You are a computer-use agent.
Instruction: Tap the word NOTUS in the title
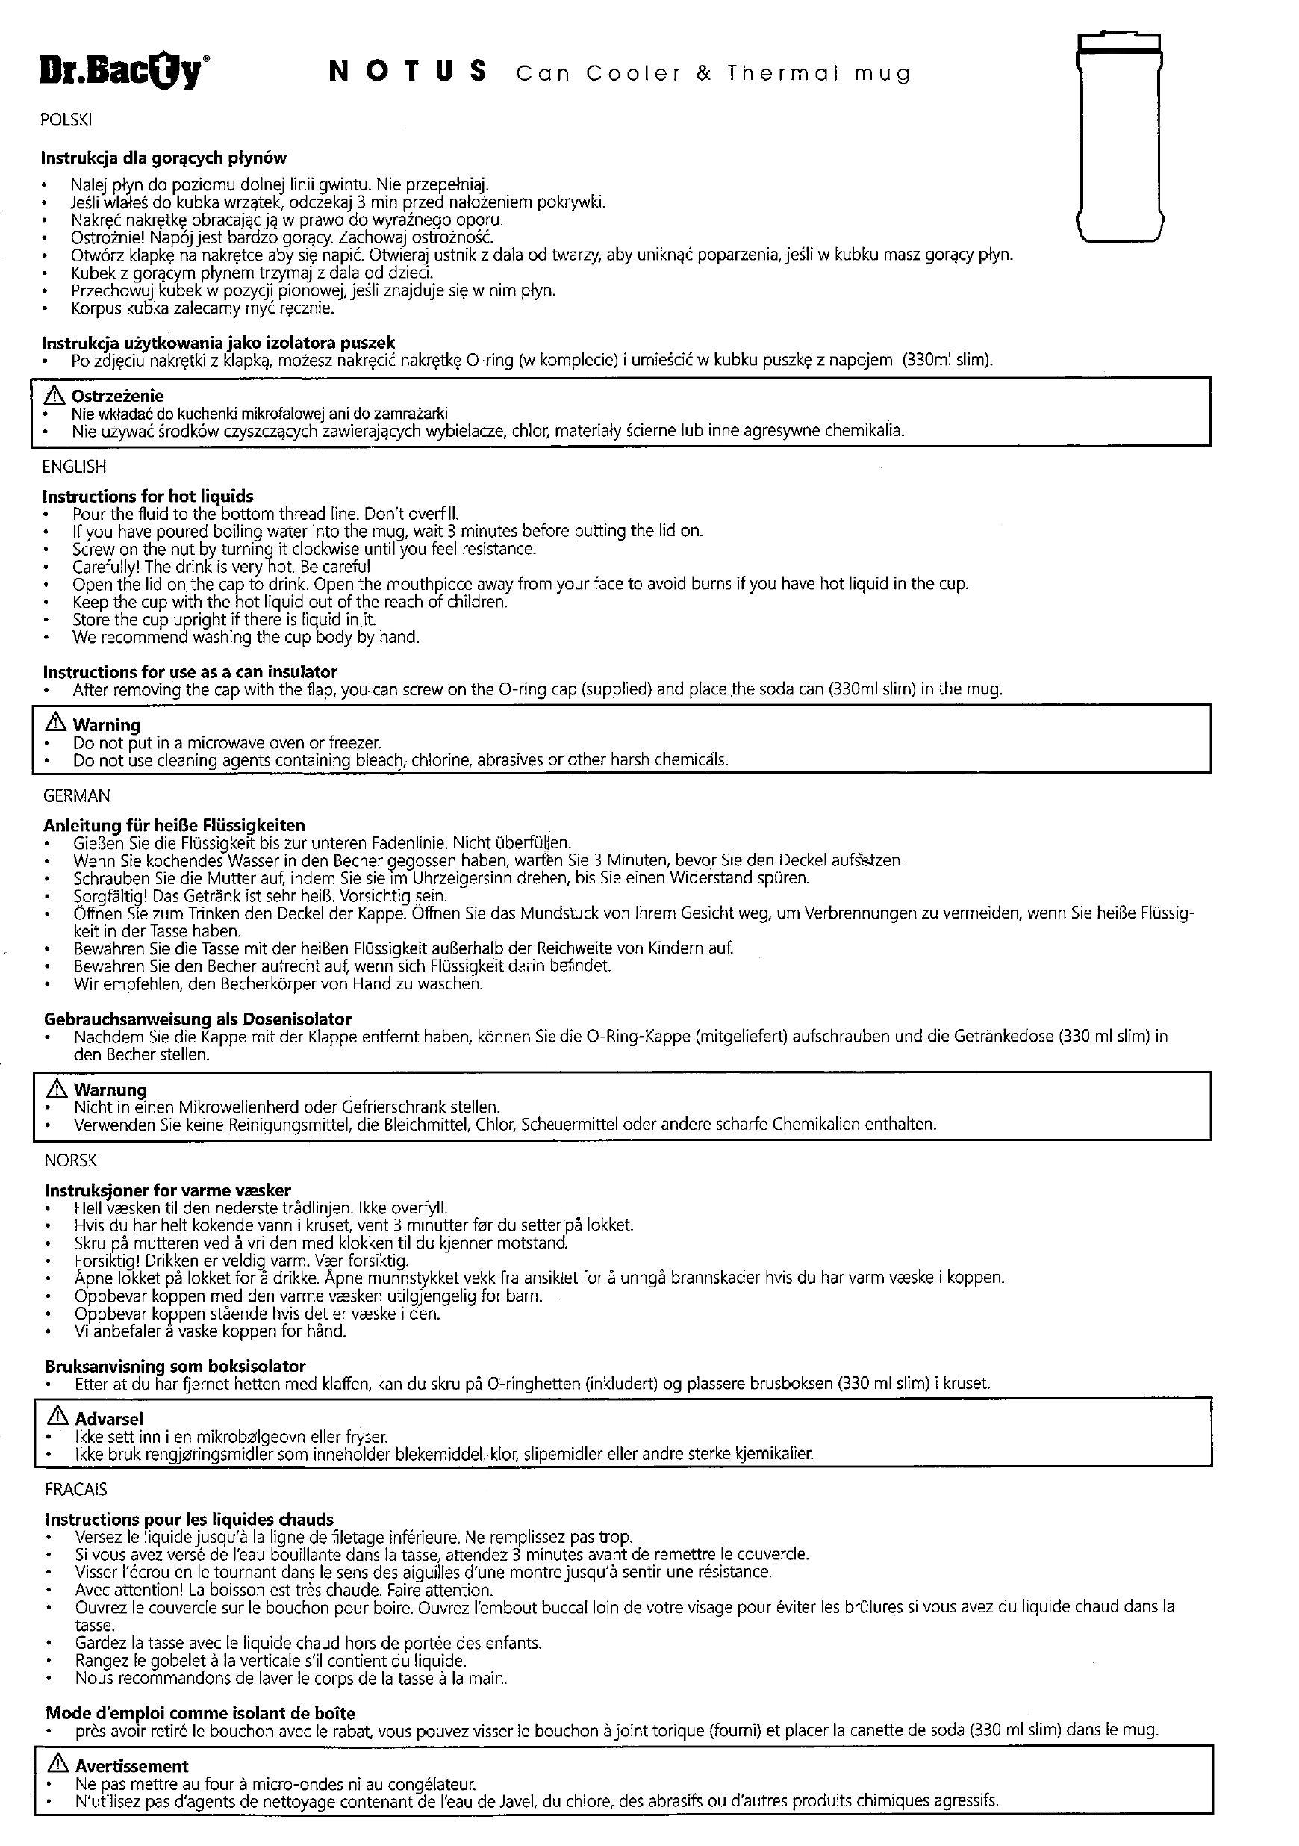pyautogui.click(x=408, y=72)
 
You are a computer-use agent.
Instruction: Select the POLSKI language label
pyautogui.click(x=66, y=120)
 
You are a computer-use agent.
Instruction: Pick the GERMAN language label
pyautogui.click(x=76, y=796)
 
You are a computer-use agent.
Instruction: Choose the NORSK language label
pyautogui.click(x=71, y=1161)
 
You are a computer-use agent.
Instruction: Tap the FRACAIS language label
pyautogui.click(x=75, y=1490)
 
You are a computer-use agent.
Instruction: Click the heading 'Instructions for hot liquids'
pyautogui.click(x=148, y=497)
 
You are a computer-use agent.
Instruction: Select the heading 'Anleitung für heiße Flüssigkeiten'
pyautogui.click(x=175, y=825)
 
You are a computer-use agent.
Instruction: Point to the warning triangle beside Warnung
pyautogui.click(x=57, y=1090)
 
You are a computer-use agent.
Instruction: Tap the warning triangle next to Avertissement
pyautogui.click(x=59, y=1765)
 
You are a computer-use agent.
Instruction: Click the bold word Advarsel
pyautogui.click(x=108, y=1419)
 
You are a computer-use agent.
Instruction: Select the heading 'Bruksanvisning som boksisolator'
pyautogui.click(x=175, y=1366)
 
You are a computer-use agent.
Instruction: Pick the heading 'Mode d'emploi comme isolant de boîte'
pyautogui.click(x=200, y=1713)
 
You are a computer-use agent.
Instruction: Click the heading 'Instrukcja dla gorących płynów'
pyautogui.click(x=164, y=158)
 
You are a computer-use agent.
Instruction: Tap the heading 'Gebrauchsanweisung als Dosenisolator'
pyautogui.click(x=198, y=1019)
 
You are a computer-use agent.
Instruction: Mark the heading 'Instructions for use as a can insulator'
pyautogui.click(x=190, y=672)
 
